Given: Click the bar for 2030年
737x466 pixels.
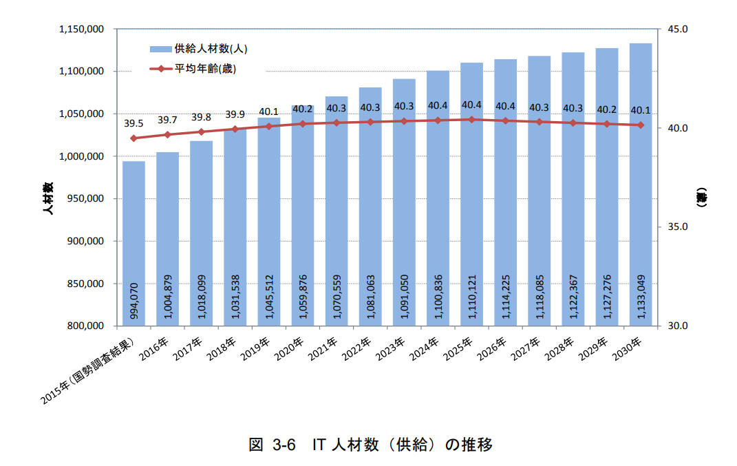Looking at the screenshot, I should click(x=640, y=206).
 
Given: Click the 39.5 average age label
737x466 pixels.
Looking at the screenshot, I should click(x=133, y=124).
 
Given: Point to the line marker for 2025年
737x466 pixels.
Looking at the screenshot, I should click(x=471, y=120).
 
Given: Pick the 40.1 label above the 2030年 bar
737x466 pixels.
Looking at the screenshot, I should click(x=640, y=109).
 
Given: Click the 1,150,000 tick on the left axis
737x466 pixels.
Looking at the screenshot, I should click(x=82, y=30).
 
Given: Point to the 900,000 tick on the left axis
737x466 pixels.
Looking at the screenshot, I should click(x=85, y=242).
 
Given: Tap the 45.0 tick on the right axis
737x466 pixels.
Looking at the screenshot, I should click(x=677, y=30).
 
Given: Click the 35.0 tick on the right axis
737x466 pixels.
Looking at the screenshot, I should click(x=677, y=227).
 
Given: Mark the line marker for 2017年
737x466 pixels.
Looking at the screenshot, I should click(x=201, y=131).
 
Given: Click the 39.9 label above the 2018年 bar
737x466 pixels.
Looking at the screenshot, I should click(x=235, y=114).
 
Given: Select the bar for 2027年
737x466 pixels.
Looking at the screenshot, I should click(x=539, y=206).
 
